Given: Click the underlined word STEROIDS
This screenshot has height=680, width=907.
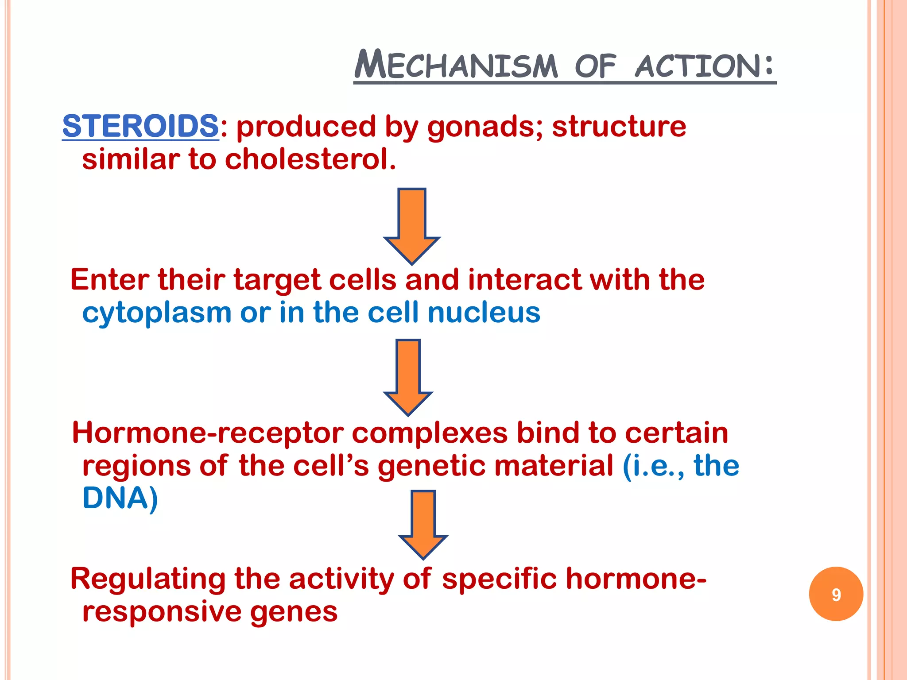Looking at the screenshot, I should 140,126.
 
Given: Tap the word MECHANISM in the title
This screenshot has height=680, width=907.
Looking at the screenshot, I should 456,66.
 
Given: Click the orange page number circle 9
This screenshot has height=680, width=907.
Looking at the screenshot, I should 836,594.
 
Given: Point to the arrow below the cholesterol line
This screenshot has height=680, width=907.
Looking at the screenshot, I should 412,226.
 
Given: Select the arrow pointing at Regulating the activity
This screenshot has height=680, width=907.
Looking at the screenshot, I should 423,525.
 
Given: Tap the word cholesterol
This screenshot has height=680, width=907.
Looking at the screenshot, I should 310,159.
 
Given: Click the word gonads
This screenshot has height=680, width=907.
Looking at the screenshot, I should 485,127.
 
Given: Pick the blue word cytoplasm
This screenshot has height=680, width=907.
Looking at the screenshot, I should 157,313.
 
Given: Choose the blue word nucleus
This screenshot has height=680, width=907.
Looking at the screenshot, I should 484,313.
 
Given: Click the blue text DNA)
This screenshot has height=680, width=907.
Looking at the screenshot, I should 120,498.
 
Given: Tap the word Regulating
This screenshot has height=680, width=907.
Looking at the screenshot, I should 148,580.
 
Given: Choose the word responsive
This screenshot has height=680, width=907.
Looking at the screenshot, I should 161,612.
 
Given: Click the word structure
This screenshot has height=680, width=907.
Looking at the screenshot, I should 619,127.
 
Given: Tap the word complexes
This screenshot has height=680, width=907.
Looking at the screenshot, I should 430,433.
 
